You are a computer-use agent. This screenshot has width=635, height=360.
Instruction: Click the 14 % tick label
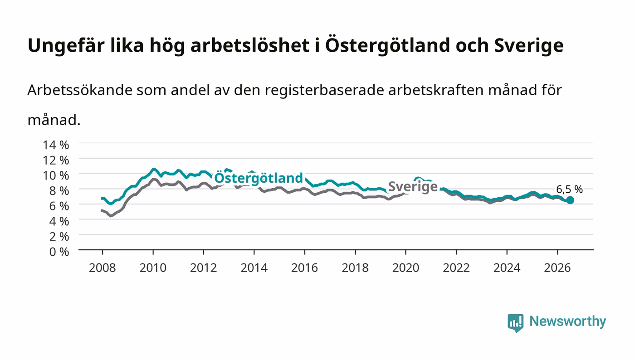click(56, 145)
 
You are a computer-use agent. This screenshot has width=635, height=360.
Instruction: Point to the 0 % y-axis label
click(59, 252)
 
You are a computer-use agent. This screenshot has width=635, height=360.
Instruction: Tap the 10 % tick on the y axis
click(56, 176)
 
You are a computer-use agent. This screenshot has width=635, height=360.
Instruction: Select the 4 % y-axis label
click(59, 221)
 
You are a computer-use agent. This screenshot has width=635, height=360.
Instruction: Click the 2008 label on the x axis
click(103, 268)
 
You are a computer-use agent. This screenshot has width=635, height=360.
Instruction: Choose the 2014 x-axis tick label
click(254, 268)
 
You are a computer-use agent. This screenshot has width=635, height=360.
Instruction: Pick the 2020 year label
click(405, 268)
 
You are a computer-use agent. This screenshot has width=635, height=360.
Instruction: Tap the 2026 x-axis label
click(557, 268)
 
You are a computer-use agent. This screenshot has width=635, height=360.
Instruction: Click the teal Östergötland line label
click(259, 179)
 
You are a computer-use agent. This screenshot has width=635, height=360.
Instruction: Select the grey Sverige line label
click(413, 187)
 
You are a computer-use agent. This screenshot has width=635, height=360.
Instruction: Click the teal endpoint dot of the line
click(570, 200)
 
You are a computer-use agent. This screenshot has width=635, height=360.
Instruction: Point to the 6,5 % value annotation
click(570, 190)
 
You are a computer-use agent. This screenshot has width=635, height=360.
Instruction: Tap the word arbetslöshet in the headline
click(250, 45)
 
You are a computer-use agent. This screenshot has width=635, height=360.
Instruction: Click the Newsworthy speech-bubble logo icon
click(516, 323)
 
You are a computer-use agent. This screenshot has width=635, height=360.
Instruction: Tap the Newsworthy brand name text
click(568, 321)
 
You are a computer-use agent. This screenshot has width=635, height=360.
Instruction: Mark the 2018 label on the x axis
click(355, 268)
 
